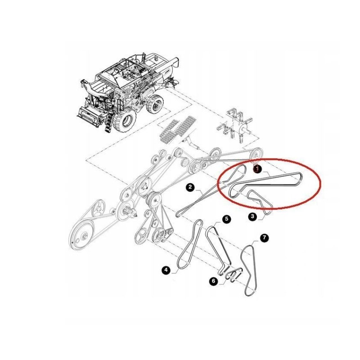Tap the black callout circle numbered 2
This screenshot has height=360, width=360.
click(x=190, y=187)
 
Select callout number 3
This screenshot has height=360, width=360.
click(x=253, y=217)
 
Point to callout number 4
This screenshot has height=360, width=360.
click(x=166, y=270)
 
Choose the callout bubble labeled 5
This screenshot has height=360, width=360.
click(x=226, y=219)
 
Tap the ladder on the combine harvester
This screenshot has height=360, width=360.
click(x=108, y=123)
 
